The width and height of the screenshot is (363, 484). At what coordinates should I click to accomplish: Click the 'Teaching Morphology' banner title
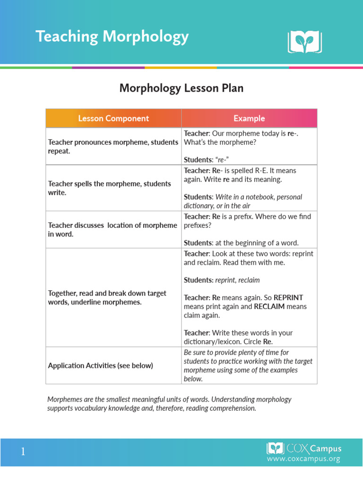[x=112, y=37]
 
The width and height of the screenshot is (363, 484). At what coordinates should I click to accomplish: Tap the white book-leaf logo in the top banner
[x=304, y=42]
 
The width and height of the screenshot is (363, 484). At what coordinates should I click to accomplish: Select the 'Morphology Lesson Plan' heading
[x=181, y=88]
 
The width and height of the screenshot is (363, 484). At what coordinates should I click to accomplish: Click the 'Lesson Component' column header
[x=113, y=119]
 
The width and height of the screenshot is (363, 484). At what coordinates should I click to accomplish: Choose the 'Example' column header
[x=249, y=119]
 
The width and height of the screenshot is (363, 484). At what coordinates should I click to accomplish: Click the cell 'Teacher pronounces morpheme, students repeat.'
[x=113, y=146]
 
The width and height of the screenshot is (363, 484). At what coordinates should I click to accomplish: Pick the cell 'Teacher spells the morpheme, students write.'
[x=110, y=188]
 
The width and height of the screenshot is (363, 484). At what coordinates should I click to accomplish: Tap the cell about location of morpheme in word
[x=112, y=229]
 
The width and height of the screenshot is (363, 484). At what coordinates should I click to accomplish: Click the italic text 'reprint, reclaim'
[x=237, y=280]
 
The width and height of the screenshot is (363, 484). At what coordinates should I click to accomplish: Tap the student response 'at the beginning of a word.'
[x=257, y=243]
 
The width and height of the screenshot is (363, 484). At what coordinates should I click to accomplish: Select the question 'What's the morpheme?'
[x=216, y=142]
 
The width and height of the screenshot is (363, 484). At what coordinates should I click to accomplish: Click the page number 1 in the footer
[x=23, y=452]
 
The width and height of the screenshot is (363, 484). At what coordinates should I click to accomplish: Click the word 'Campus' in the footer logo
[x=325, y=449]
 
